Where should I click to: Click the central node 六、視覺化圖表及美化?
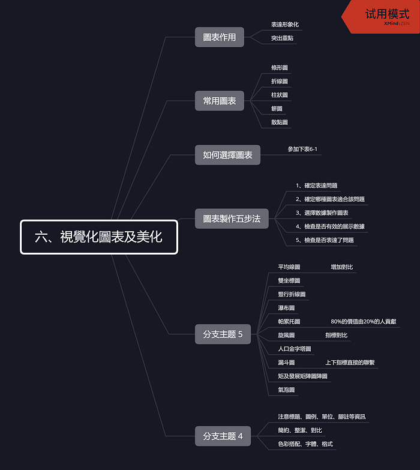click(x=99, y=237)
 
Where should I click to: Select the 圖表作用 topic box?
click(x=220, y=37)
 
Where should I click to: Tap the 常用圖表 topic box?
click(x=220, y=101)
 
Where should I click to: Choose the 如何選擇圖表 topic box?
click(x=227, y=155)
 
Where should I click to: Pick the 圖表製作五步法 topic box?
click(x=232, y=218)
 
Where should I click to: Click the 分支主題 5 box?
click(x=223, y=334)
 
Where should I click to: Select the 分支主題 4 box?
click(x=223, y=436)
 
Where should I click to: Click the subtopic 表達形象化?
click(x=285, y=25)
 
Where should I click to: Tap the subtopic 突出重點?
click(x=283, y=38)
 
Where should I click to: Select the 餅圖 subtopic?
click(x=277, y=109)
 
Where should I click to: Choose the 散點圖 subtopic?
click(x=280, y=122)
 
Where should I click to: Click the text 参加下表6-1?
click(x=302, y=149)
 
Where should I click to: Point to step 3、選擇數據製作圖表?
click(x=322, y=212)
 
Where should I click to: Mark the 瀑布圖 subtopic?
click(x=286, y=308)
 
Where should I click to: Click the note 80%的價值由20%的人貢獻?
click(x=363, y=322)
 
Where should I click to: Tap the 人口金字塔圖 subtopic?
click(x=294, y=349)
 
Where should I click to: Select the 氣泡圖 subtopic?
click(x=286, y=390)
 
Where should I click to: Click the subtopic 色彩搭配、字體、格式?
click(x=305, y=444)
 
